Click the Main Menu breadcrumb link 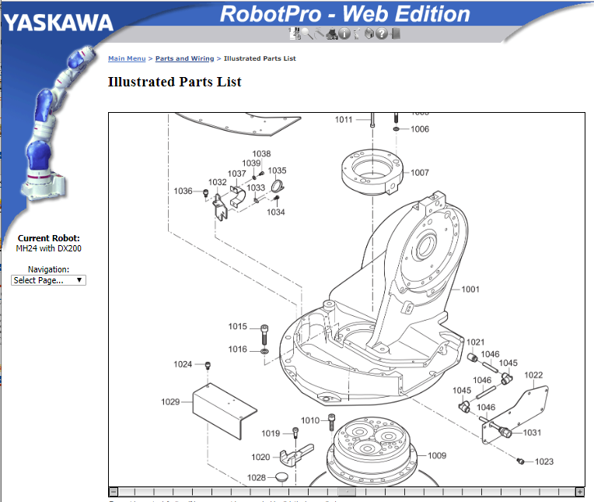click(x=127, y=58)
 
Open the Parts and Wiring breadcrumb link click(x=184, y=58)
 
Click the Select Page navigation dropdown click(x=49, y=280)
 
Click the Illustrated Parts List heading click(x=174, y=82)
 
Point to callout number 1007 click(x=420, y=173)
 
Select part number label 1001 click(x=470, y=290)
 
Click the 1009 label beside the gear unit click(x=437, y=455)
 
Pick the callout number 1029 click(x=170, y=402)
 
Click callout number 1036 click(x=183, y=191)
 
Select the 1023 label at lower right click(x=544, y=462)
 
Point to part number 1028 click(x=256, y=477)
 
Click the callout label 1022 click(x=533, y=374)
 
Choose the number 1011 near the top click(x=344, y=120)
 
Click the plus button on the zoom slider click(x=579, y=492)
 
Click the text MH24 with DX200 click(x=49, y=248)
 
